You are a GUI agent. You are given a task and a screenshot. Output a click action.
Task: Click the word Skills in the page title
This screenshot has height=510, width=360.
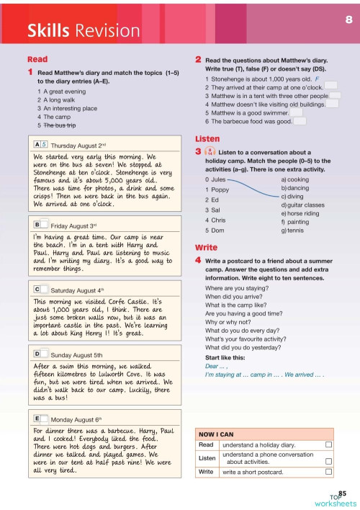click(48, 30)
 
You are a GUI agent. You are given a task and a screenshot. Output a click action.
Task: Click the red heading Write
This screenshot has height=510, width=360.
click(207, 246)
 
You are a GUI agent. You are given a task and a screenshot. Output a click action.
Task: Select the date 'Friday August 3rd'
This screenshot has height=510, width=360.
click(79, 225)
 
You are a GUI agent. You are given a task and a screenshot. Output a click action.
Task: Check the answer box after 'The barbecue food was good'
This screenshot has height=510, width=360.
click(300, 121)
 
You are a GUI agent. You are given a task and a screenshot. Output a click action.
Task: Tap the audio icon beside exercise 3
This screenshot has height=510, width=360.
click(210, 153)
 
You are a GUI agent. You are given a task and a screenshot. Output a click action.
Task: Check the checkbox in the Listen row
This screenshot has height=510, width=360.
click(328, 458)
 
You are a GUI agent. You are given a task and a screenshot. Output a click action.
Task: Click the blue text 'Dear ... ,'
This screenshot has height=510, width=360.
click(217, 366)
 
